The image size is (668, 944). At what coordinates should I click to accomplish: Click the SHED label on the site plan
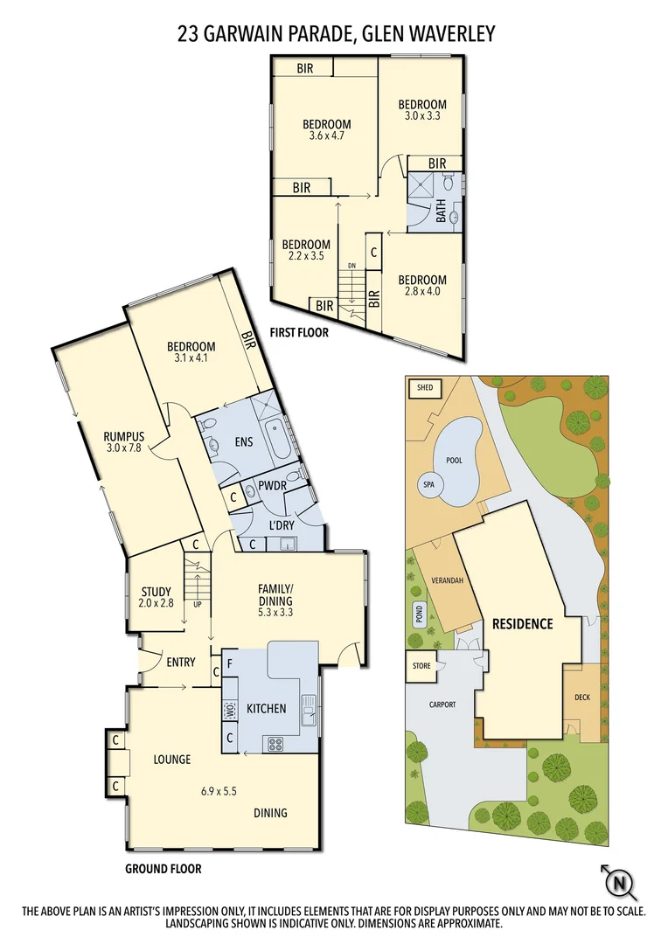[425, 386]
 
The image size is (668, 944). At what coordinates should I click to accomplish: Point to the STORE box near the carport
[422, 666]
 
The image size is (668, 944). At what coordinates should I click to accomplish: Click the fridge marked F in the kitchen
[229, 663]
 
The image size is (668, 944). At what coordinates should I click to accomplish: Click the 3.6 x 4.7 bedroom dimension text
[327, 135]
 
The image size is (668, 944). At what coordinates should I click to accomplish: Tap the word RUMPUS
[123, 436]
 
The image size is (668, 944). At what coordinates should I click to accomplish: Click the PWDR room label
[273, 486]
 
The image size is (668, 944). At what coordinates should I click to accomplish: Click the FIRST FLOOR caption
[299, 332]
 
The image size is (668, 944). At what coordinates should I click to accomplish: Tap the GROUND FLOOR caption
[163, 869]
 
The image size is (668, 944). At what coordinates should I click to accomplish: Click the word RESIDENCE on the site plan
[522, 624]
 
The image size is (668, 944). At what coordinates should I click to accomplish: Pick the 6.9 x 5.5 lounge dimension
[219, 791]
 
